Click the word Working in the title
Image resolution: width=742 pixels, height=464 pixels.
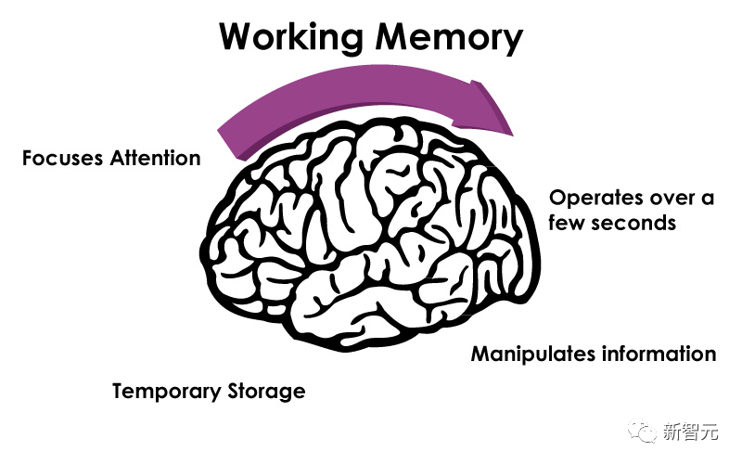tap(295, 37)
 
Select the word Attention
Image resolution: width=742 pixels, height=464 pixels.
tap(155, 158)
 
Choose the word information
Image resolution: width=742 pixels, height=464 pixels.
tap(657, 354)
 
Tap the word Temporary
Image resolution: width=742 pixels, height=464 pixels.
tap(165, 392)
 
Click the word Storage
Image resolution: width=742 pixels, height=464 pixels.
tap(266, 392)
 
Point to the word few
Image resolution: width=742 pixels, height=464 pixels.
tap(567, 224)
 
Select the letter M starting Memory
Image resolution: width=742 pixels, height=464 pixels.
tap(393, 37)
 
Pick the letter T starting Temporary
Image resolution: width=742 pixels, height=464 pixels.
tap(119, 392)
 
